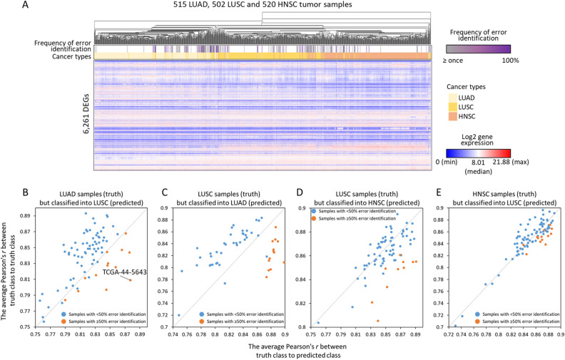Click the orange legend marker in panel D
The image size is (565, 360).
pos(315,217)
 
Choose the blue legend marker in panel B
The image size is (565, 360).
pos(63,313)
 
